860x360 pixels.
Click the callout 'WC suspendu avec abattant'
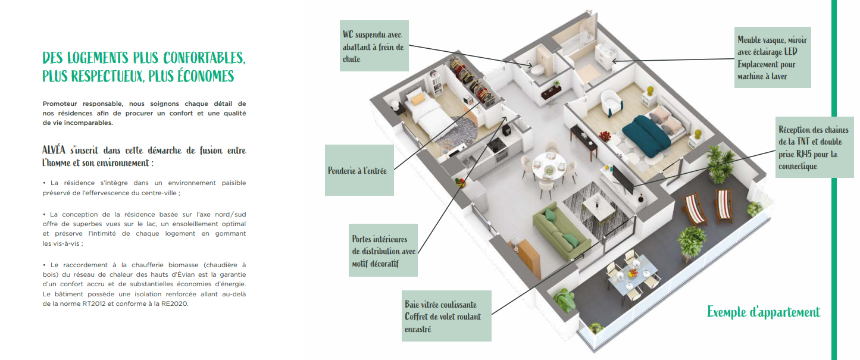(374, 46)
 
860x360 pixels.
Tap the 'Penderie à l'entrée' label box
(359, 170)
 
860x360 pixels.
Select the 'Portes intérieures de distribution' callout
(383, 251)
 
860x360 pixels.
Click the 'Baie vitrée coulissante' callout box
(446, 316)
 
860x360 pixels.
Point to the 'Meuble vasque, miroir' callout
(773, 58)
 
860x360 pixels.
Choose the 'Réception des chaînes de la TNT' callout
(814, 148)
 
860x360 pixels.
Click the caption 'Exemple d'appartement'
(763, 312)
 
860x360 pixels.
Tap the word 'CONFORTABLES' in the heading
(204, 58)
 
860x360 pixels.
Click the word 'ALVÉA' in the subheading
(54, 150)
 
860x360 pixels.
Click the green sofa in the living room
(561, 232)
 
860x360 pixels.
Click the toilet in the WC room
(536, 69)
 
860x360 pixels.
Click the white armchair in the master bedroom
(611, 102)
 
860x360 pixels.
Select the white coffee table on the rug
(599, 207)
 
